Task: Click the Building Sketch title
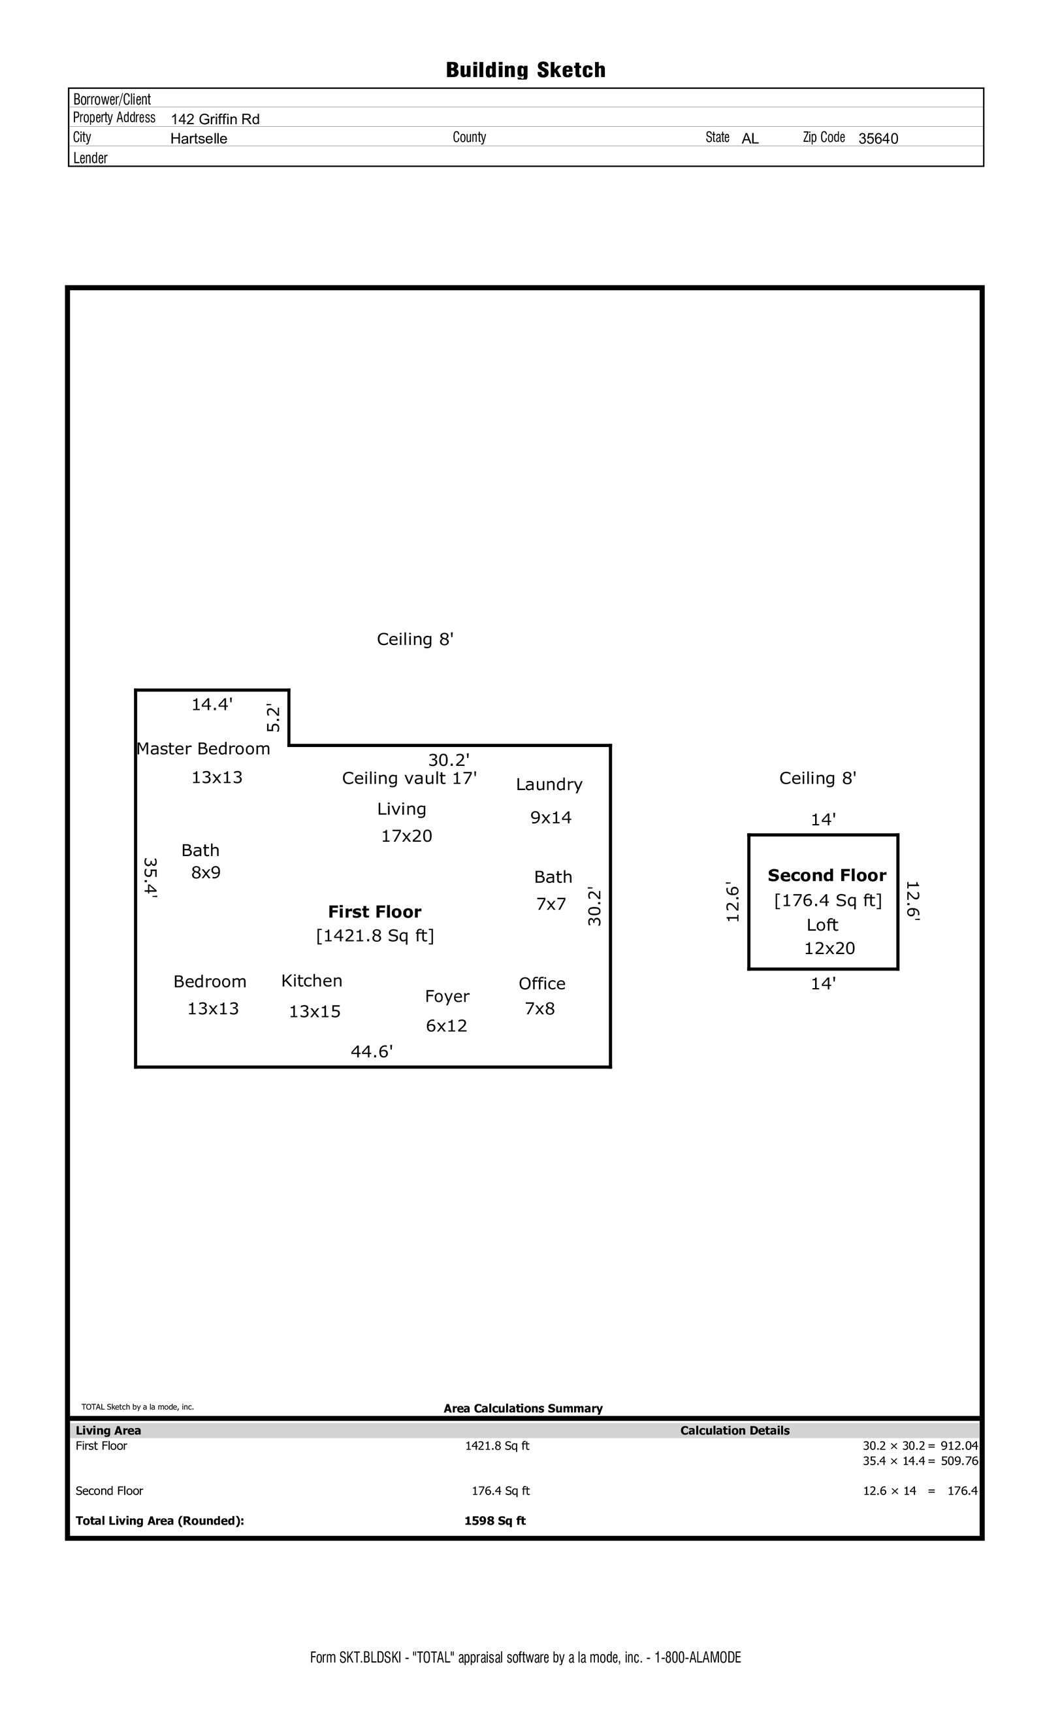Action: coord(525,70)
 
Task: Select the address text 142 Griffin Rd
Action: coord(215,119)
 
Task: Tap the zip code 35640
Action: coord(878,139)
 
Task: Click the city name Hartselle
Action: coord(199,139)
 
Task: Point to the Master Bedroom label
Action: coord(203,748)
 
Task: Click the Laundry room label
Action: coord(549,784)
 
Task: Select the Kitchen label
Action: coord(312,980)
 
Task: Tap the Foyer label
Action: coord(447,996)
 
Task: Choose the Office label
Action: coord(542,984)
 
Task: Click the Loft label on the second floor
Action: coord(822,925)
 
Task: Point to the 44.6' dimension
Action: coord(372,1051)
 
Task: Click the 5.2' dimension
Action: coord(273,718)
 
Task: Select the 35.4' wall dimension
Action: coord(150,878)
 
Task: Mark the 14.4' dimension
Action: coord(212,704)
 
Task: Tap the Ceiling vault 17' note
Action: coord(410,778)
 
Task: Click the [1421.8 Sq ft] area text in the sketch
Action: coord(375,935)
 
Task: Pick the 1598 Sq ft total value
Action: coord(494,1520)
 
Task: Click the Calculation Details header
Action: coord(735,1431)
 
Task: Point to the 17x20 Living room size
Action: coord(406,836)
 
